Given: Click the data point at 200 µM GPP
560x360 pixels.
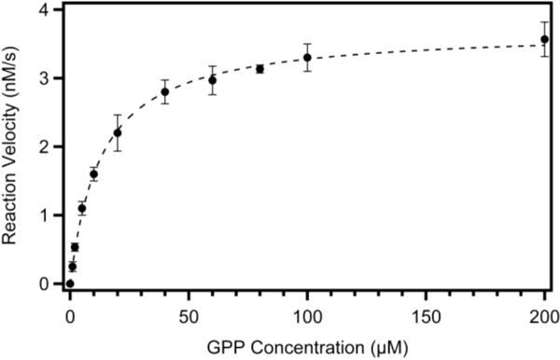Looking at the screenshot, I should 545,40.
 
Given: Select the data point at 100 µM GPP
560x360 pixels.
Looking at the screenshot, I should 307,58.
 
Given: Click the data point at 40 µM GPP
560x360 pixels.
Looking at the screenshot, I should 164,91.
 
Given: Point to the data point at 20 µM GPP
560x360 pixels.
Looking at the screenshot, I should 117,132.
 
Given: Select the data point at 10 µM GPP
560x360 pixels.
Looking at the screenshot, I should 93,173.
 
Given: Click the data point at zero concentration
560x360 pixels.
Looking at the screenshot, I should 70,284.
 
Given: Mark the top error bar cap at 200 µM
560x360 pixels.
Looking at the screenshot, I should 545,22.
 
